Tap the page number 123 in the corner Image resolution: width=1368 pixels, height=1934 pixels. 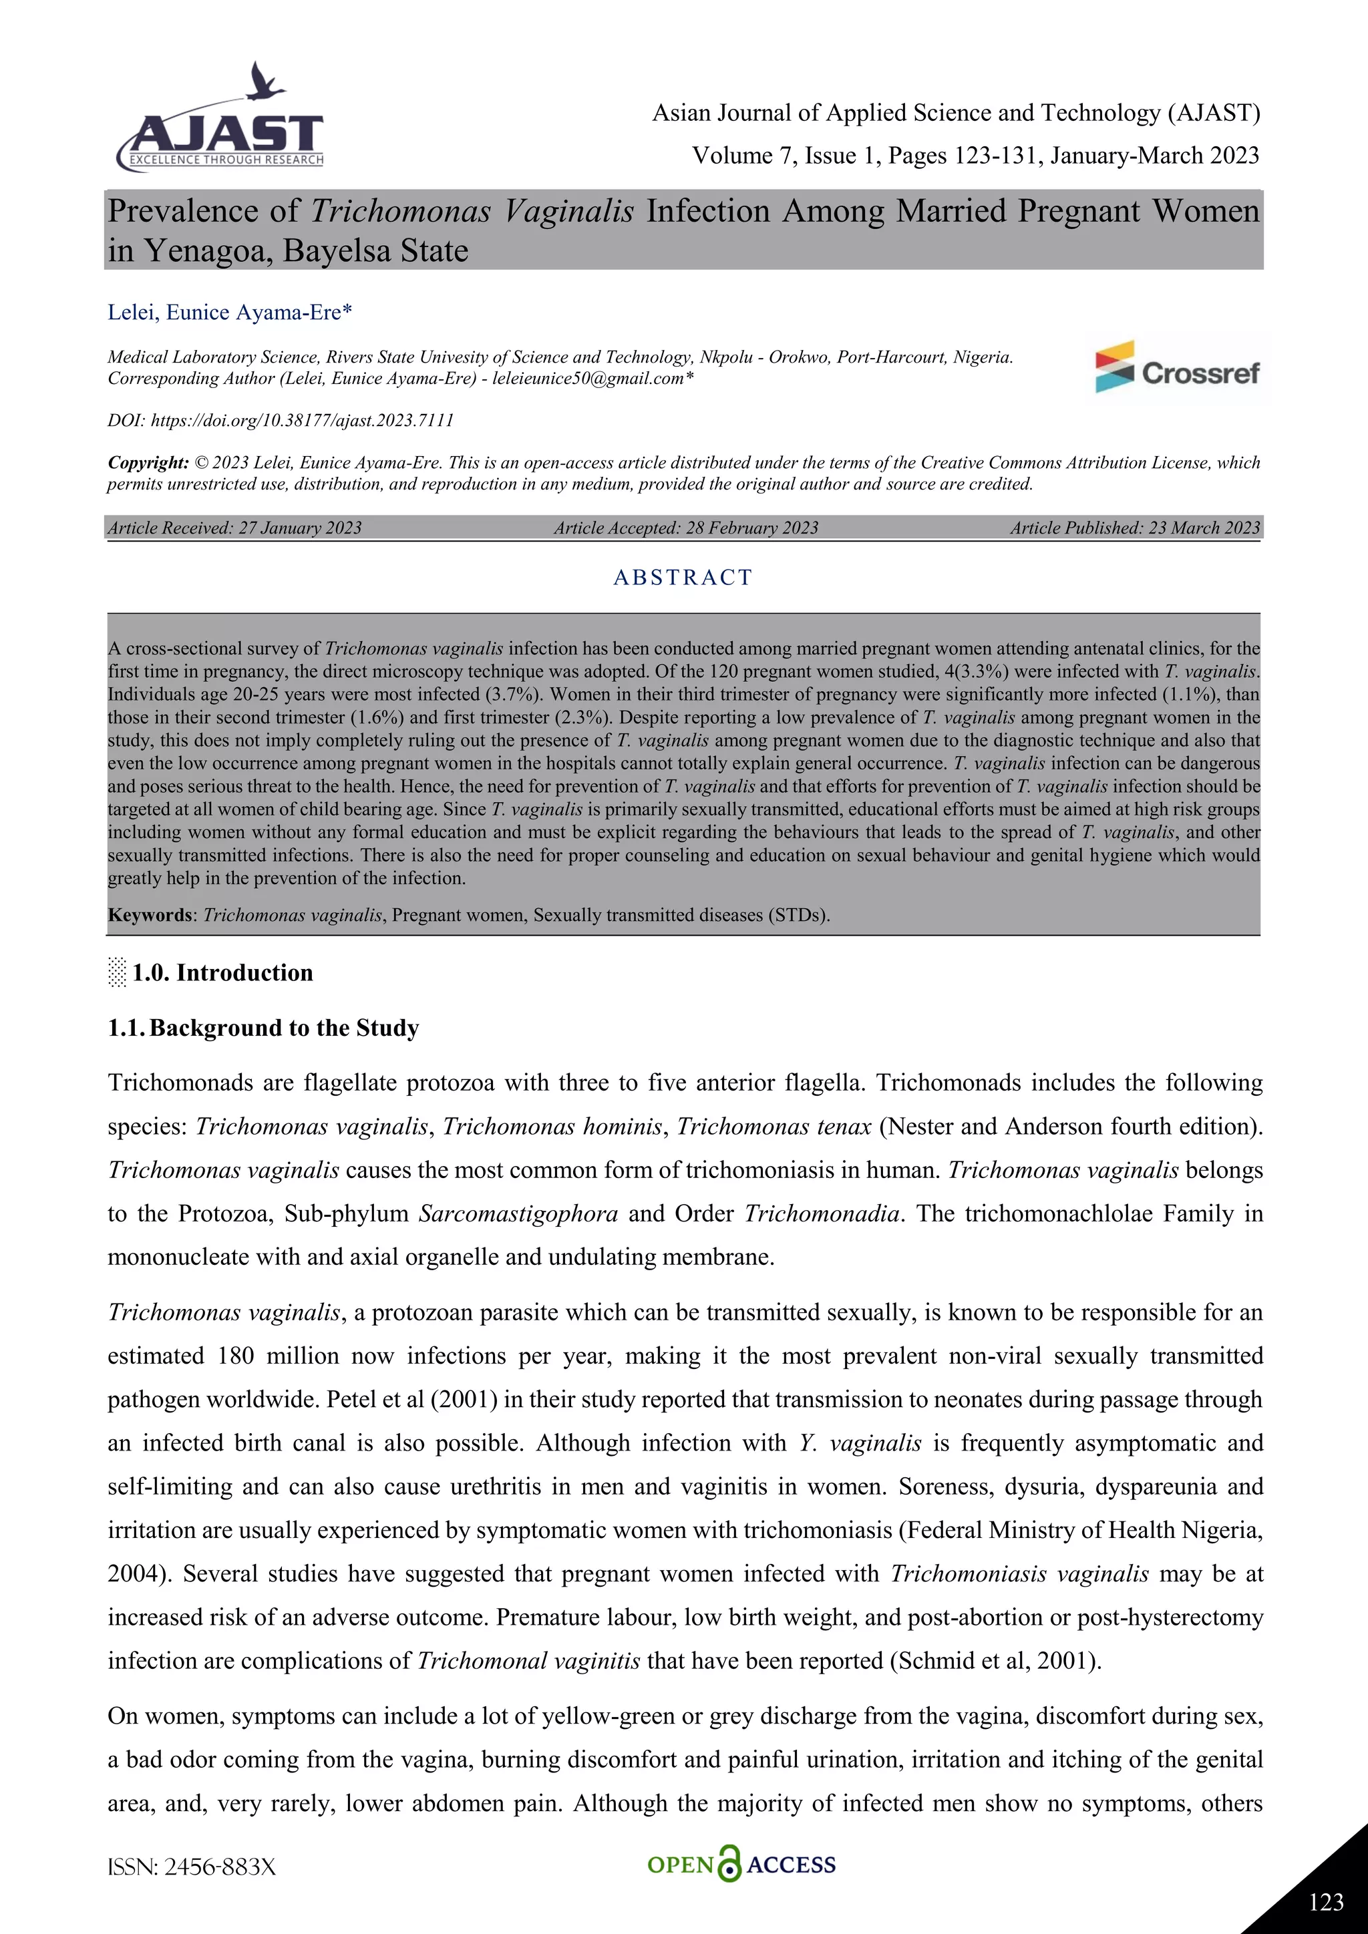pos(1326,1901)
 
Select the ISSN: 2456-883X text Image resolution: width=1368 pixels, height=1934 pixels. pos(192,1867)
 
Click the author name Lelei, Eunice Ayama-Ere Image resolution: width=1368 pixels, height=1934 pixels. pos(229,313)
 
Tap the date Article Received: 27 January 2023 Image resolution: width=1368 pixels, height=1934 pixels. pos(235,528)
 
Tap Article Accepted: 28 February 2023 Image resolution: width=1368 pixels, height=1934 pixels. pos(686,528)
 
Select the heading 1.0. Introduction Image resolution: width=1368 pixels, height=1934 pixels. pos(222,973)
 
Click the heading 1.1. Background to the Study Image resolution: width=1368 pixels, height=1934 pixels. pos(264,1028)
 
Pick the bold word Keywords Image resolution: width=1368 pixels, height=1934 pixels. pos(149,915)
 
